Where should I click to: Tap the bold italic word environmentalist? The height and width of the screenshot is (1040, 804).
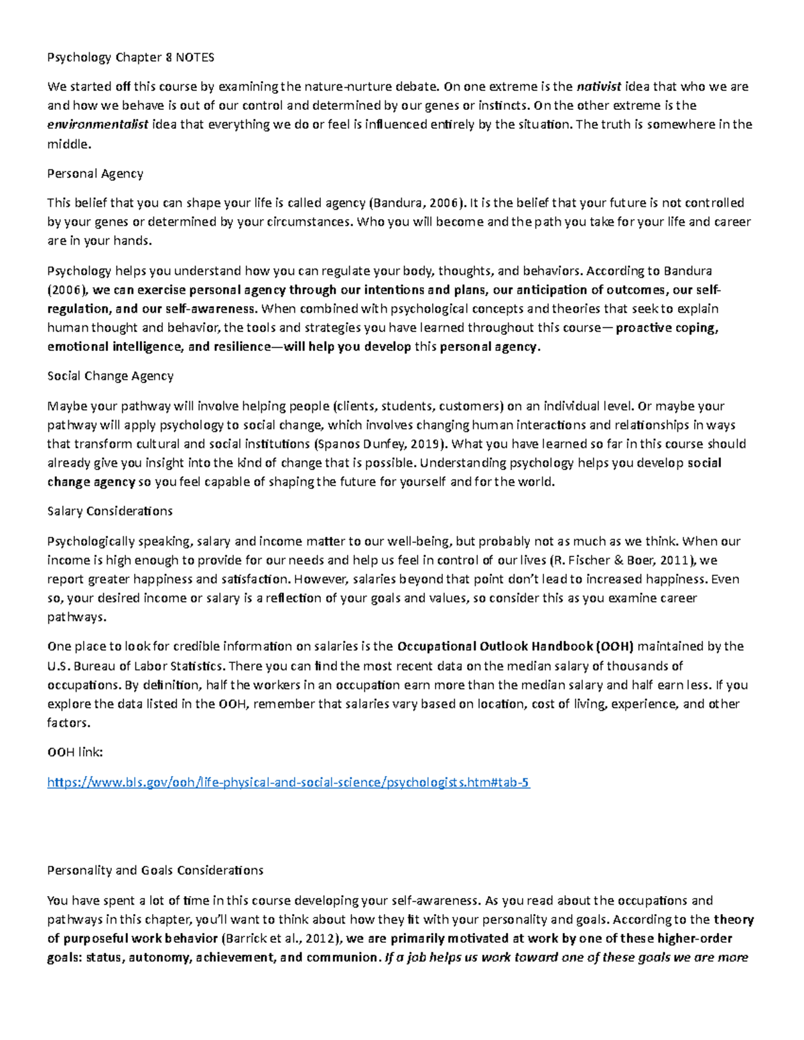tap(98, 125)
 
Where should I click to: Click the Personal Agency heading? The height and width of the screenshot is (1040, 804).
tap(95, 173)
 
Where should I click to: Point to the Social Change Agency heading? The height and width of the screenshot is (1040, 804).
tap(111, 376)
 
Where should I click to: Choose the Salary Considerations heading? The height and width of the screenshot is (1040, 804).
tap(110, 511)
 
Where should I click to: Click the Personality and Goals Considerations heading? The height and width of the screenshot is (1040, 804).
tap(155, 871)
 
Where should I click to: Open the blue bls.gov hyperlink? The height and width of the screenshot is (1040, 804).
tap(288, 782)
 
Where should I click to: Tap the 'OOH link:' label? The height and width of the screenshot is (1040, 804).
tap(75, 752)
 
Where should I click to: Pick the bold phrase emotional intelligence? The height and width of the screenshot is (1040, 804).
tap(115, 347)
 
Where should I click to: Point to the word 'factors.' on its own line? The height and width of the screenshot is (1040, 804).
tap(68, 723)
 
